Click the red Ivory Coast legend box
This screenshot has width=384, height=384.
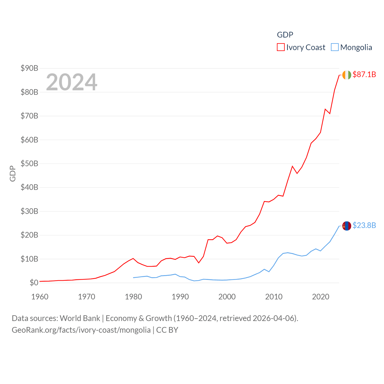tap(280, 47)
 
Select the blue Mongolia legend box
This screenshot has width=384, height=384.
tap(334, 47)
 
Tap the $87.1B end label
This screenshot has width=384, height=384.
tap(364, 74)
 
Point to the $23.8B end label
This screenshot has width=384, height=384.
tap(364, 225)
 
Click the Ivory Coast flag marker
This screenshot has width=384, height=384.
tap(346, 75)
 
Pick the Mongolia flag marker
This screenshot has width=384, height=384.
tap(346, 226)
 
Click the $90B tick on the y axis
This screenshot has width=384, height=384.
tap(29, 68)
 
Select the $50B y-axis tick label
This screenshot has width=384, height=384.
tap(29, 163)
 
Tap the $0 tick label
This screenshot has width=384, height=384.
tap(34, 283)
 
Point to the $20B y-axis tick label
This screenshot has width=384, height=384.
tap(29, 235)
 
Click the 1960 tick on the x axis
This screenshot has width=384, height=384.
tap(40, 297)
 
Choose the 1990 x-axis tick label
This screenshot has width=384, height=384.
tap(180, 297)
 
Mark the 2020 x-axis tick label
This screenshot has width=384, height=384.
tap(321, 297)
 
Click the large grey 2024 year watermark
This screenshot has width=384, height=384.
tap(72, 82)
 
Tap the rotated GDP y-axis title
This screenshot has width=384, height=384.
tap(13, 173)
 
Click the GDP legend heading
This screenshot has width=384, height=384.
tap(285, 35)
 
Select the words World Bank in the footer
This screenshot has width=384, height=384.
tap(80, 318)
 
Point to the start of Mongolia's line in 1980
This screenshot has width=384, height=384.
tap(133, 277)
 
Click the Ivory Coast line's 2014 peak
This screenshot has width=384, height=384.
tap(292, 166)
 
